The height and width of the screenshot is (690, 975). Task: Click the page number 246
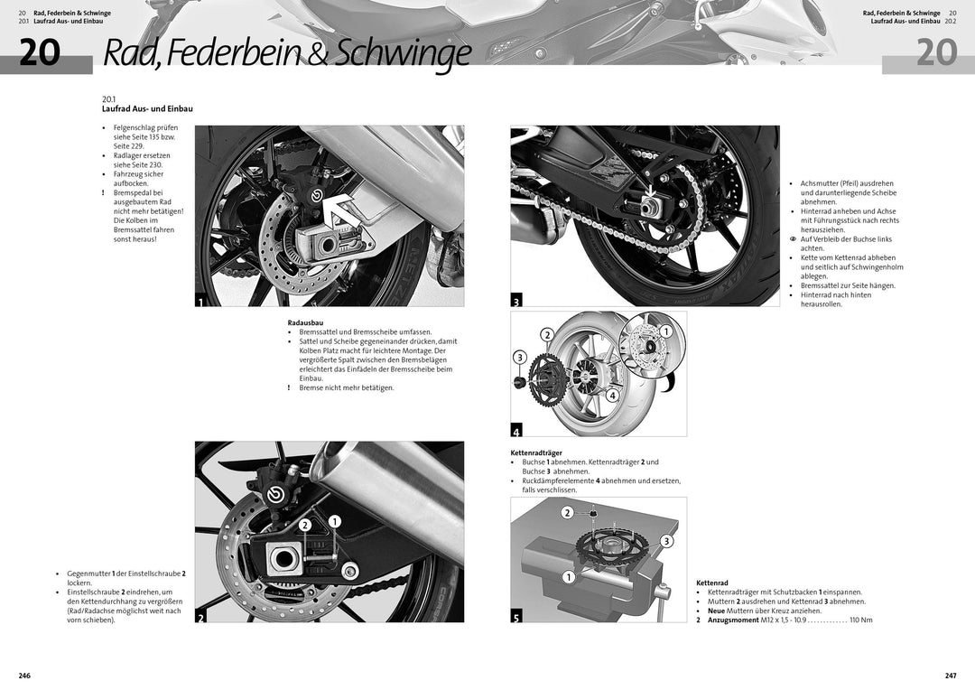(25, 676)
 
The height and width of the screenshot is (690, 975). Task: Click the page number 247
(950, 676)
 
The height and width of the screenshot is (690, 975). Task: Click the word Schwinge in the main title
(403, 54)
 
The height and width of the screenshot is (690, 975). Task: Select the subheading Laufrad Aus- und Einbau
(147, 108)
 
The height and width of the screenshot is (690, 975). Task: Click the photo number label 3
(516, 300)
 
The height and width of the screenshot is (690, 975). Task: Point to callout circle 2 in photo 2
(305, 525)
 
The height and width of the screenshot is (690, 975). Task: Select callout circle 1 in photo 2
(334, 521)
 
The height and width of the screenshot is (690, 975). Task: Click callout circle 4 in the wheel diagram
(611, 395)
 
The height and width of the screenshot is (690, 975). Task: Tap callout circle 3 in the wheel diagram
(519, 358)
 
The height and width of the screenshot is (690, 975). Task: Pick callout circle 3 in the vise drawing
(666, 541)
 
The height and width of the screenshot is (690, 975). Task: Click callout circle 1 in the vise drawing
(569, 577)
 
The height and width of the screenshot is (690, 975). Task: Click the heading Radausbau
(305, 322)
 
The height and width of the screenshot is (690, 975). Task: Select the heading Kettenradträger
(536, 452)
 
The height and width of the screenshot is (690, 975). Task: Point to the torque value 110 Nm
(860, 620)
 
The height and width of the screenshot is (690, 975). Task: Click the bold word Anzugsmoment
(733, 620)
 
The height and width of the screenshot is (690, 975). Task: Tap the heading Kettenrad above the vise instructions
(712, 583)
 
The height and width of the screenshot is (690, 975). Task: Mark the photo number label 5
(516, 617)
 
